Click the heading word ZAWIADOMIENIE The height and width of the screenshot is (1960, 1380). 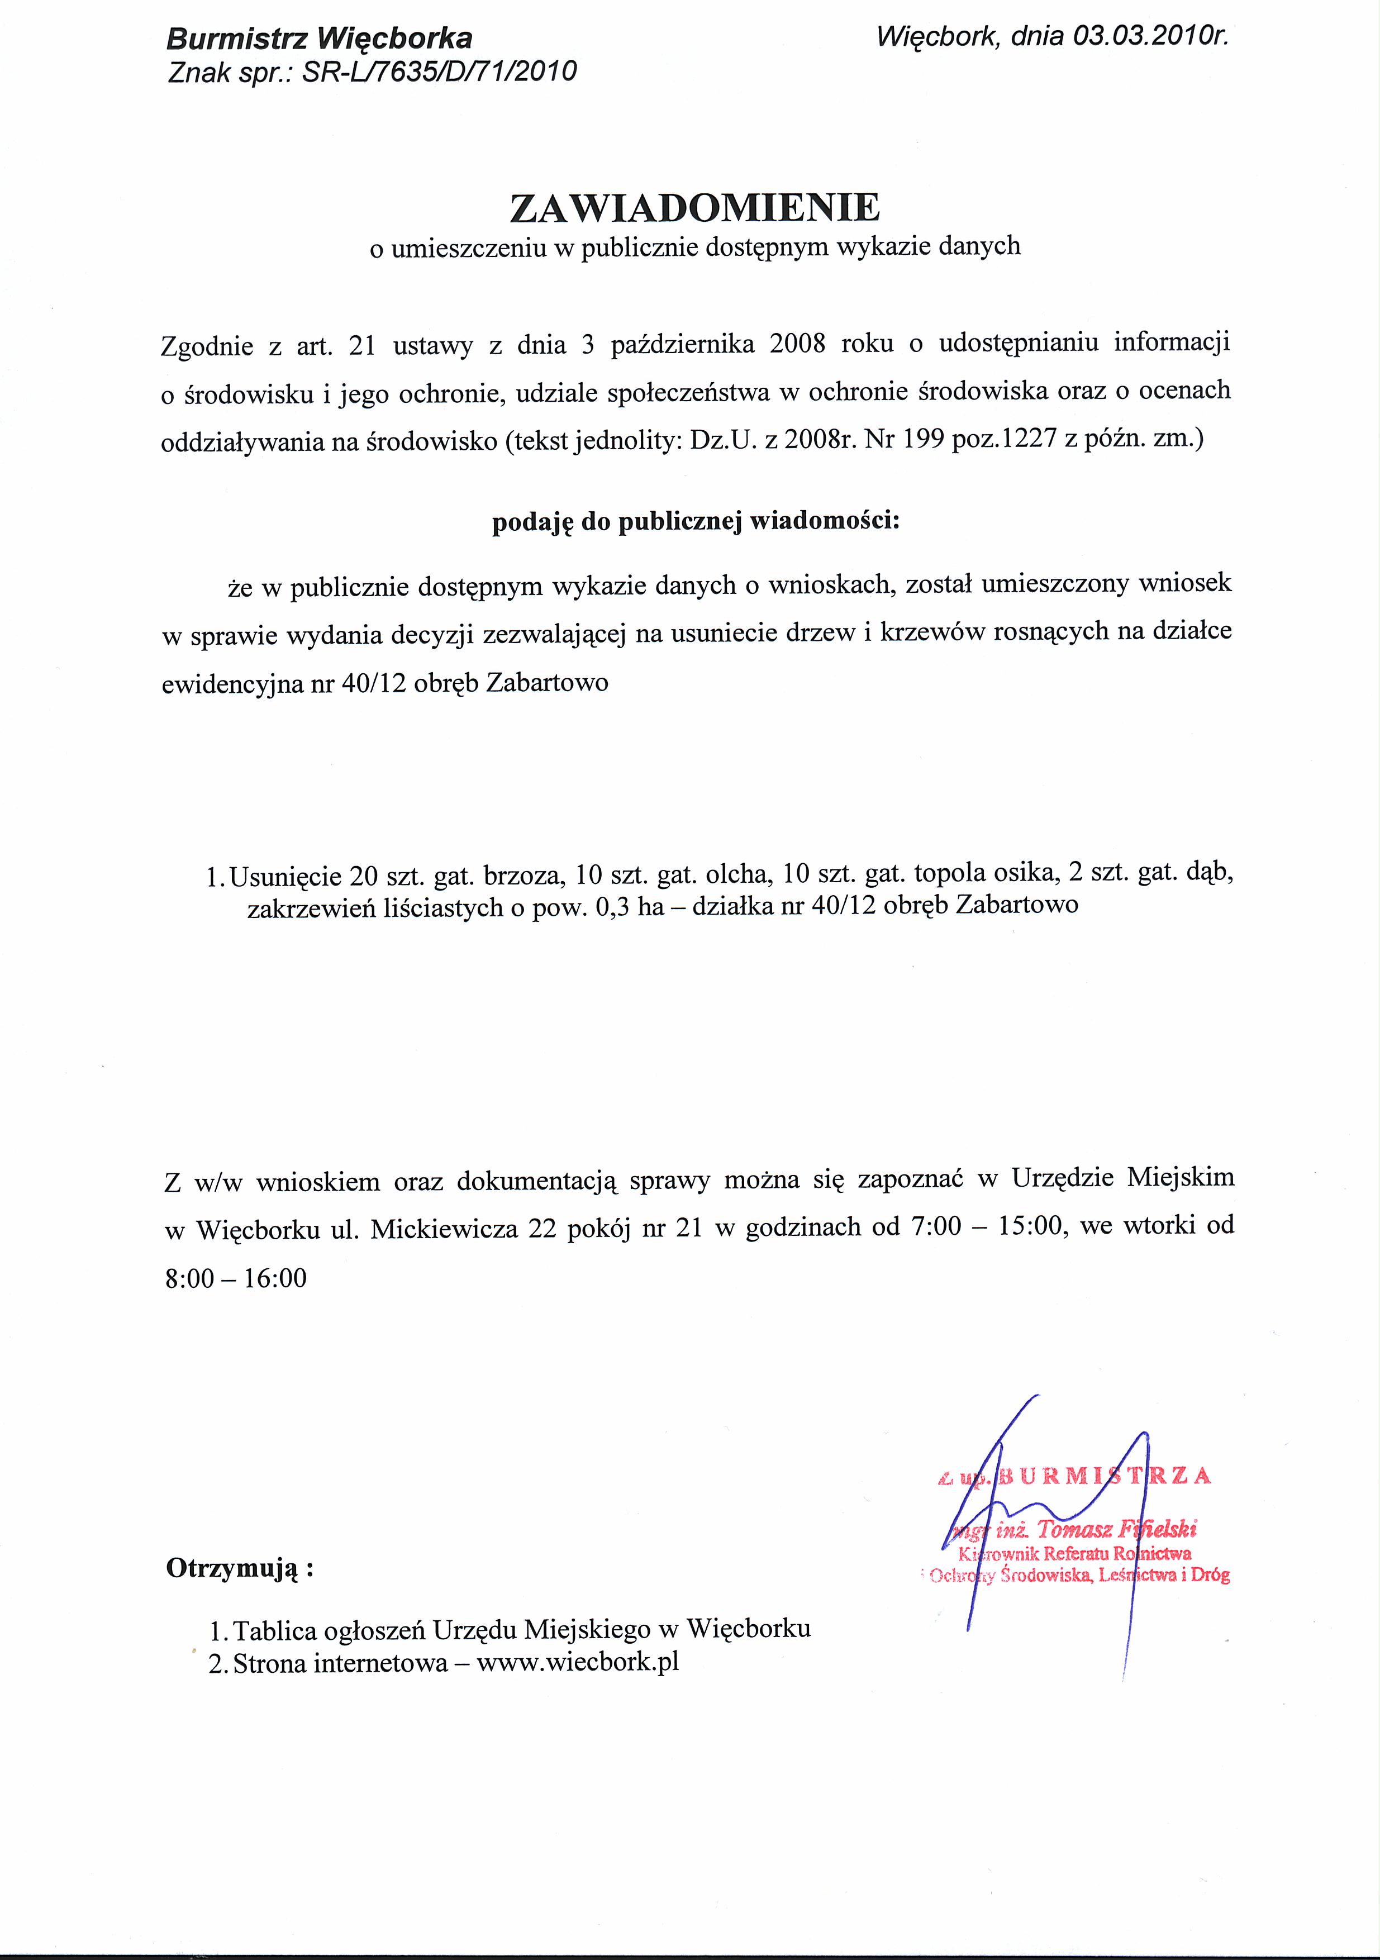694,207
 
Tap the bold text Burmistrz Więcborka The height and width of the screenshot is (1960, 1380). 319,39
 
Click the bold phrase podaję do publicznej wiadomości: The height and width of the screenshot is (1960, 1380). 696,522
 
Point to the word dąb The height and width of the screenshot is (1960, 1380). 1211,876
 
